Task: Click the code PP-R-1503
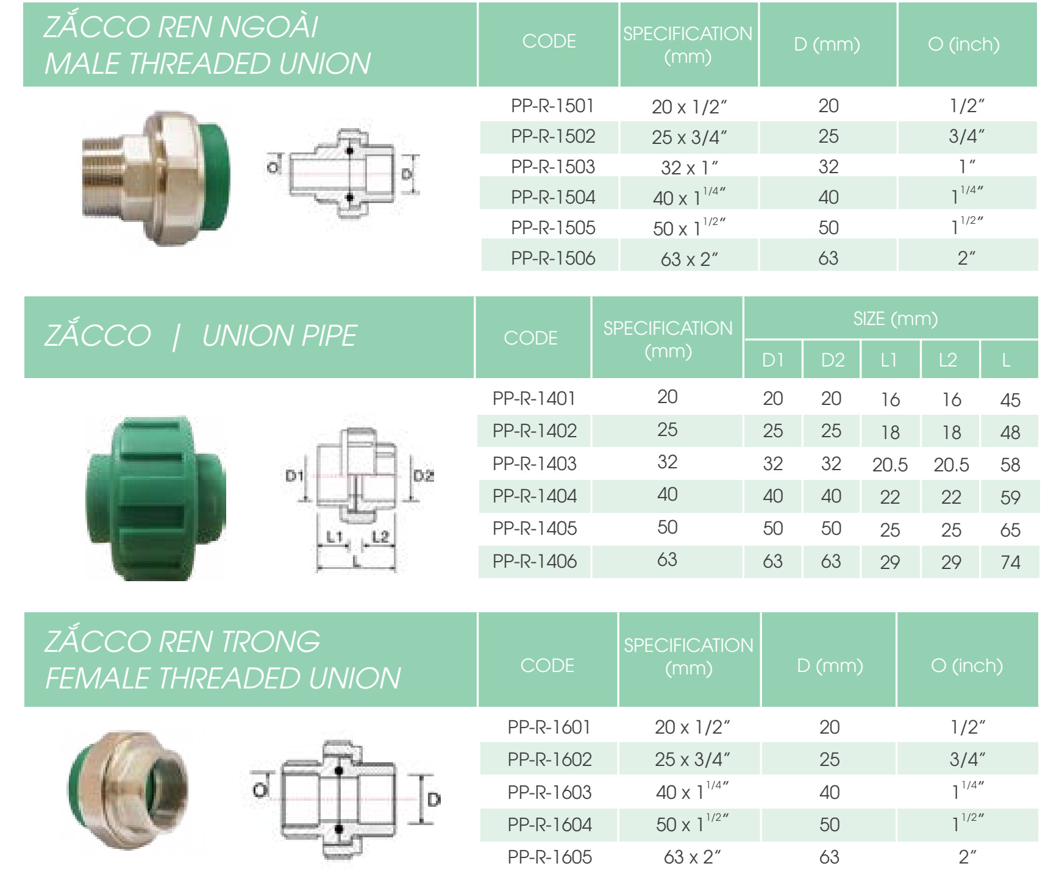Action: click(552, 166)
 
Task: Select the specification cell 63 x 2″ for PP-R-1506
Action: click(690, 259)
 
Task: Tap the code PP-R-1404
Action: click(534, 496)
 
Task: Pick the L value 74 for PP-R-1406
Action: click(1010, 562)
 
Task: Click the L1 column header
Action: click(889, 360)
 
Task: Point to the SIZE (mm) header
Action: click(896, 318)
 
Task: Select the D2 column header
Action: click(832, 360)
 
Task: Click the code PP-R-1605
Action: click(549, 857)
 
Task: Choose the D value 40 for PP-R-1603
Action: click(829, 792)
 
